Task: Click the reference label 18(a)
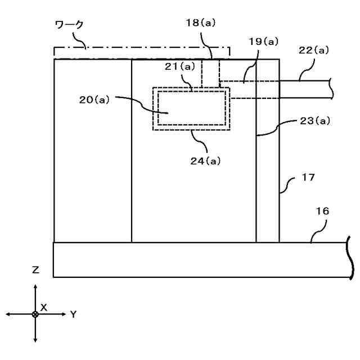click(x=200, y=23)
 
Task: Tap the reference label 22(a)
click(x=313, y=50)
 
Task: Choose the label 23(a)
click(x=314, y=120)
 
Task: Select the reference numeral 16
click(x=323, y=211)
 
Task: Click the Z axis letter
click(x=35, y=270)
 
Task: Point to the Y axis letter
click(x=73, y=314)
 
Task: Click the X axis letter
click(x=43, y=307)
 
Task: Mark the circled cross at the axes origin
click(x=35, y=313)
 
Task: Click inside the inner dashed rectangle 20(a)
click(x=191, y=109)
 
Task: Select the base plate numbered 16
click(x=197, y=259)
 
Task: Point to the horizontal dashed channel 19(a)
click(x=242, y=89)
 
